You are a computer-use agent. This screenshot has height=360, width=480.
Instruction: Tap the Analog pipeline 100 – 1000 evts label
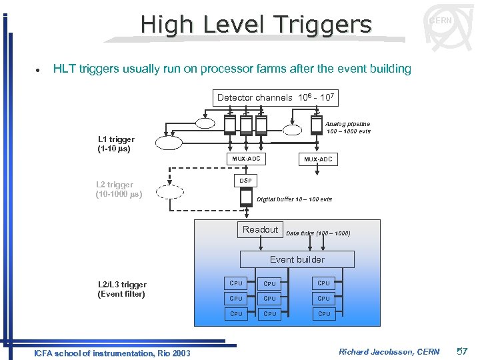[348, 127]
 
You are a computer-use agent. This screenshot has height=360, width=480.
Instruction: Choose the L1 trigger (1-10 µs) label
[116, 144]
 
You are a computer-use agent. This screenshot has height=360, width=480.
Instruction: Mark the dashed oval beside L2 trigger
[170, 191]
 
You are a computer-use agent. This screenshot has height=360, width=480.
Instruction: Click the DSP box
[245, 181]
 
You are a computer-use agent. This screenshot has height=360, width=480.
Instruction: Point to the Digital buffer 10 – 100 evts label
[294, 199]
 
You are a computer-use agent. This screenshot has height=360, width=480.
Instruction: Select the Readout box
[260, 230]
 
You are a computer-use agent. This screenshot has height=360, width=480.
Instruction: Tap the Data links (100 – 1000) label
[317, 233]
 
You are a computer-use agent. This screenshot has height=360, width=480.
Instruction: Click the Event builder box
[297, 259]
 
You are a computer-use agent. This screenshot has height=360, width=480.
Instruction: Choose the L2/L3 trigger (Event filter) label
[121, 289]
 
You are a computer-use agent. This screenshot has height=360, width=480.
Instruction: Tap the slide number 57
[462, 351]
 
